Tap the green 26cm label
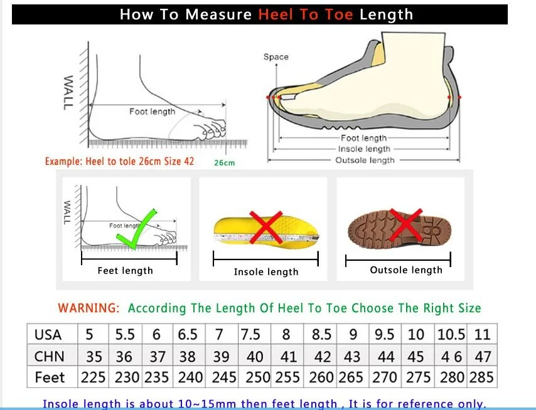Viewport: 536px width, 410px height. [x=225, y=163]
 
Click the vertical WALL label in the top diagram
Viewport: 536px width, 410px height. [x=68, y=93]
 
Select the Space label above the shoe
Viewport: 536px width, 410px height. [x=276, y=56]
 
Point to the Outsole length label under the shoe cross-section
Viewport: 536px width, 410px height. [x=365, y=160]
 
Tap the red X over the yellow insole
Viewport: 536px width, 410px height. [x=266, y=228]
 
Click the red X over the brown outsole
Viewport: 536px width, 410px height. [x=405, y=225]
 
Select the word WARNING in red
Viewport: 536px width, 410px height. [x=88, y=308]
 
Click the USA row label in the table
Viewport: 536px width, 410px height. [x=48, y=335]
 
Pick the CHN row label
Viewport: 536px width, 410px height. [x=49, y=357]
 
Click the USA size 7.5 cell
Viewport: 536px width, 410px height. [x=250, y=334]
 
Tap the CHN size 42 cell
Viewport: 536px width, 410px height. [x=323, y=357]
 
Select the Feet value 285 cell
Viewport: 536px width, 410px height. [x=481, y=377]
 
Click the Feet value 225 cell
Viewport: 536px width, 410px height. [x=93, y=377]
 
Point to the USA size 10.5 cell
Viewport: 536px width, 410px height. [x=451, y=334]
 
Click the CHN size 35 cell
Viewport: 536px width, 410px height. [x=94, y=357]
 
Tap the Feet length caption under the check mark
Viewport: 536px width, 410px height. [x=125, y=271]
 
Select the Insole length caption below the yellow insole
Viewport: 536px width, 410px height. [x=266, y=272]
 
